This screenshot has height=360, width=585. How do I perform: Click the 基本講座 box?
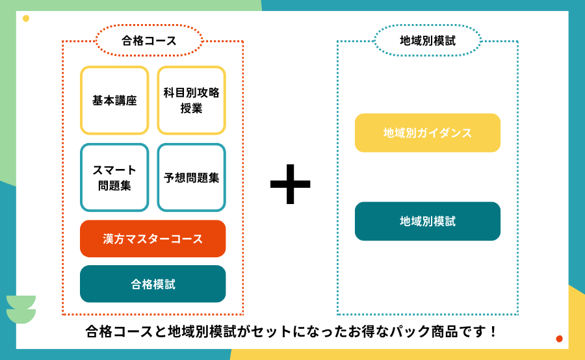(114, 101)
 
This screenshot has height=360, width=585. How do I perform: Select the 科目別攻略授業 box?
(191, 101)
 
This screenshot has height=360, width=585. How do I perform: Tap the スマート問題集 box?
(114, 177)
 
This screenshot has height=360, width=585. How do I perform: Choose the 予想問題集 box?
(191, 177)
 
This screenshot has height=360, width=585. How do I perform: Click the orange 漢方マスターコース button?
(153, 238)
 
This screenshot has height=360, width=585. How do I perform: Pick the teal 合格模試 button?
(153, 284)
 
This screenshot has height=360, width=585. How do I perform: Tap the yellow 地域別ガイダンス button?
(427, 133)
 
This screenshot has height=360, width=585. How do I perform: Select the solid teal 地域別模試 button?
(427, 222)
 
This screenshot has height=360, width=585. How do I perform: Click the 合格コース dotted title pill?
(149, 41)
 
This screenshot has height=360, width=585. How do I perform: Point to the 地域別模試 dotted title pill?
(427, 41)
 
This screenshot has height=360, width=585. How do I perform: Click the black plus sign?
(290, 184)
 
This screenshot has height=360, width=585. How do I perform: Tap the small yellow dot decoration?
(26, 18)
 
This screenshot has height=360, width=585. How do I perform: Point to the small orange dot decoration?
(559, 339)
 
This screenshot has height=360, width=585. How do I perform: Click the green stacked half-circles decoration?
(21, 309)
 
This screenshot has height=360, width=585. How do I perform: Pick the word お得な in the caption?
(372, 332)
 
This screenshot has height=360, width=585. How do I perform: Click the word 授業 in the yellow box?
(191, 109)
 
